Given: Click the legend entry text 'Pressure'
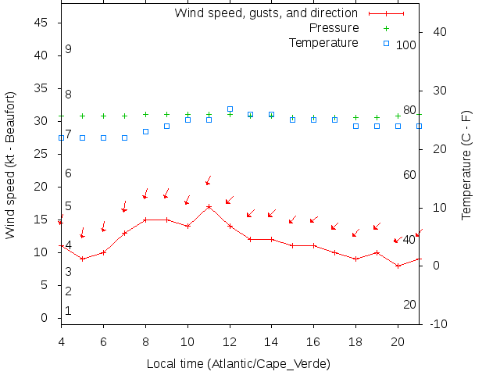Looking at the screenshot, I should click(x=334, y=28).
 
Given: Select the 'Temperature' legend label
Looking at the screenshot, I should click(x=323, y=42).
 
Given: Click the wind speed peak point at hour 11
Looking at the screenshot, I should click(x=209, y=207).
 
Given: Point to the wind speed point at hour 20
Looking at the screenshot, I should click(x=398, y=266).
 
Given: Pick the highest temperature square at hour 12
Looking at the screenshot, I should click(x=230, y=109).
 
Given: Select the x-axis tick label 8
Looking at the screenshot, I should click(x=145, y=341).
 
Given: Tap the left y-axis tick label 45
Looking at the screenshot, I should click(x=43, y=23).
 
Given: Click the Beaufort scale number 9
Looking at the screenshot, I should click(x=69, y=49).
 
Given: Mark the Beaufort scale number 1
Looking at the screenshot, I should click(x=69, y=311).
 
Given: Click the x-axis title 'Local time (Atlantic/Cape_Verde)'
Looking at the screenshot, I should click(x=238, y=364).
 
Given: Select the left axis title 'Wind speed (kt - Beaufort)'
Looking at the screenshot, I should click(x=10, y=164).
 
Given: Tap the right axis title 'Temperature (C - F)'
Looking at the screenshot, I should click(x=466, y=164).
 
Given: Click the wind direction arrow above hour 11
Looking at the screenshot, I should click(x=208, y=181).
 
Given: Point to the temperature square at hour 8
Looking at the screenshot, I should click(x=145, y=131).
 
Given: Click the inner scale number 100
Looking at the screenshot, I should click(x=406, y=45).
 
